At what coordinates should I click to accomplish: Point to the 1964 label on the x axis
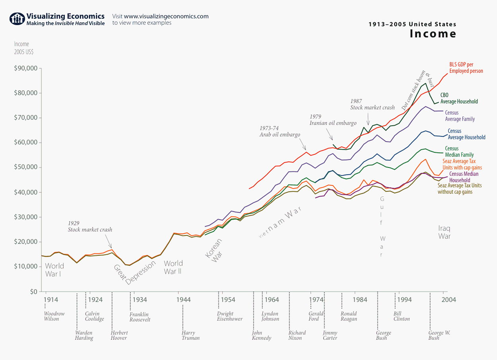272,300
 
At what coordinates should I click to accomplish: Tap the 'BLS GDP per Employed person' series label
466,68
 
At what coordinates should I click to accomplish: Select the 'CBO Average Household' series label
459,98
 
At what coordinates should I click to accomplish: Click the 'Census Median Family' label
459,152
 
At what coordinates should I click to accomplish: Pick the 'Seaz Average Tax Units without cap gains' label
459,189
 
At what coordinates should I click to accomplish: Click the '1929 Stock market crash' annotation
90,227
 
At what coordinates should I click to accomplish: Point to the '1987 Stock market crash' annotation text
373,104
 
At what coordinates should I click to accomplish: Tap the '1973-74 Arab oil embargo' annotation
280,132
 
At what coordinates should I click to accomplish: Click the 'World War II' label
173,267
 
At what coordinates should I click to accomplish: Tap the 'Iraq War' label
445,232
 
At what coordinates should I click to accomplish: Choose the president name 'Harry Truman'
190,335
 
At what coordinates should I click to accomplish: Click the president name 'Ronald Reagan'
349,316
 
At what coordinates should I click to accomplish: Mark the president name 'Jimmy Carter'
330,335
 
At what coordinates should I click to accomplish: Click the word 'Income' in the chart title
433,34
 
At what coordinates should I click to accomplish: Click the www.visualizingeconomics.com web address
166,16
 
